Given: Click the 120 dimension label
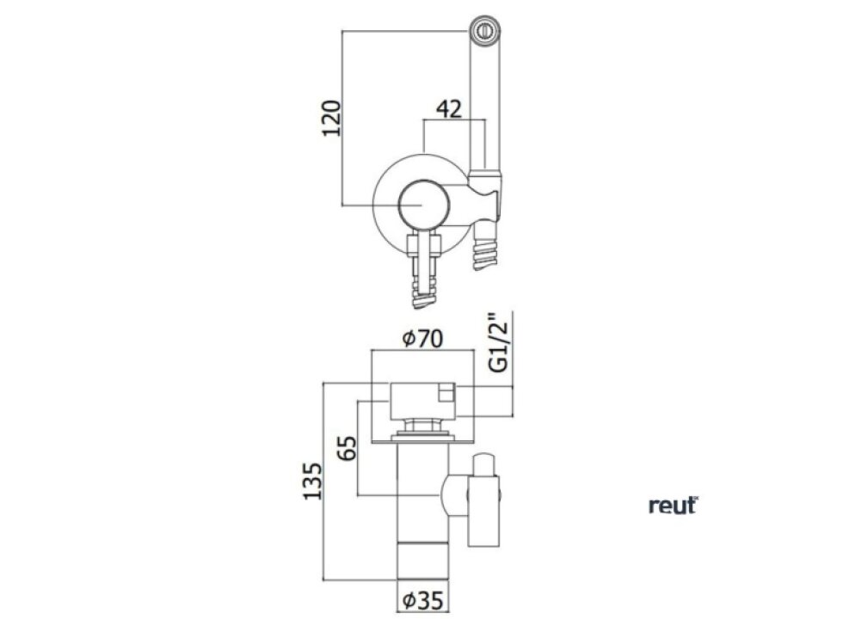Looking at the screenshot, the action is (x=332, y=118).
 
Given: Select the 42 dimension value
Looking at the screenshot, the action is (x=449, y=109).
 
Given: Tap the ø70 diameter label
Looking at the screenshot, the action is (x=422, y=339).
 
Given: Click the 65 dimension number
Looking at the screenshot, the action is (x=347, y=448).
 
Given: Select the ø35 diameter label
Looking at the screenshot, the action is (x=423, y=600).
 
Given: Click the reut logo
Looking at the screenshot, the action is (x=673, y=506).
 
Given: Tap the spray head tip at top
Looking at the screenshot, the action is (x=485, y=30).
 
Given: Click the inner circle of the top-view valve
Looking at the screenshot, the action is (x=423, y=205).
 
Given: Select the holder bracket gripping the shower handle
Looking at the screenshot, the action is (x=485, y=195).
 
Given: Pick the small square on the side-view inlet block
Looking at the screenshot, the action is (x=446, y=392).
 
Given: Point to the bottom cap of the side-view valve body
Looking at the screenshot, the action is (x=422, y=561).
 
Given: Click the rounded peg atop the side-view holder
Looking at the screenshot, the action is (x=484, y=464).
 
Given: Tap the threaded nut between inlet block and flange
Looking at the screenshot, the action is (x=422, y=426).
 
